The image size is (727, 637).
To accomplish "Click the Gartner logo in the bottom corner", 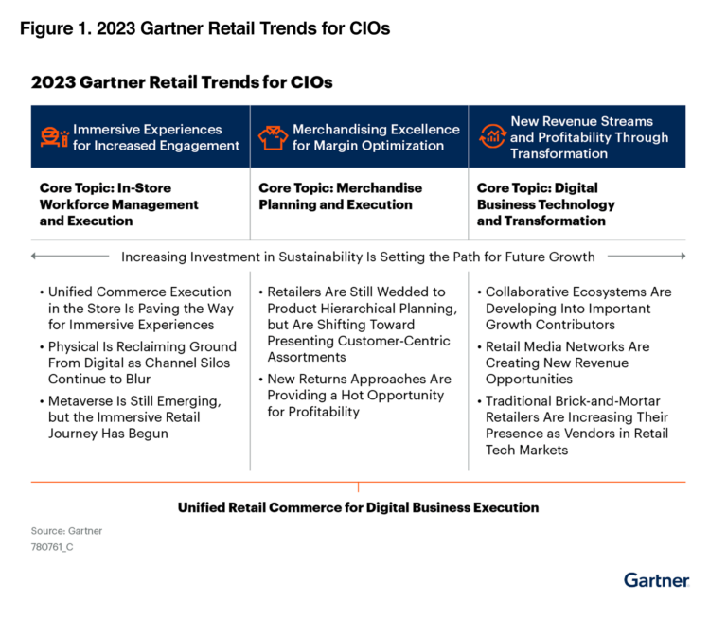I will (x=656, y=579).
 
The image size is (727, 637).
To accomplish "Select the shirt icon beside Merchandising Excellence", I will (x=273, y=137).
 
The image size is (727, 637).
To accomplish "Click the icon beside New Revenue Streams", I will (x=491, y=137).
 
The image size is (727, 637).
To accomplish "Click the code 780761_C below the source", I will (x=52, y=547).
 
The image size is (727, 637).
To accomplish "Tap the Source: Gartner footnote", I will (x=66, y=531).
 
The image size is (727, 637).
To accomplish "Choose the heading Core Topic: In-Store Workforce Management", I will (x=119, y=204).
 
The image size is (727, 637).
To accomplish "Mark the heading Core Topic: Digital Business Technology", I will (x=546, y=204).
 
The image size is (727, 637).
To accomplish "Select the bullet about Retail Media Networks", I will (x=568, y=363).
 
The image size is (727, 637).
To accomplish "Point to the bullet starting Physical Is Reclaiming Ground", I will (x=138, y=363).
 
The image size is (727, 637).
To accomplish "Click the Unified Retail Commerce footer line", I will (x=358, y=507).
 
